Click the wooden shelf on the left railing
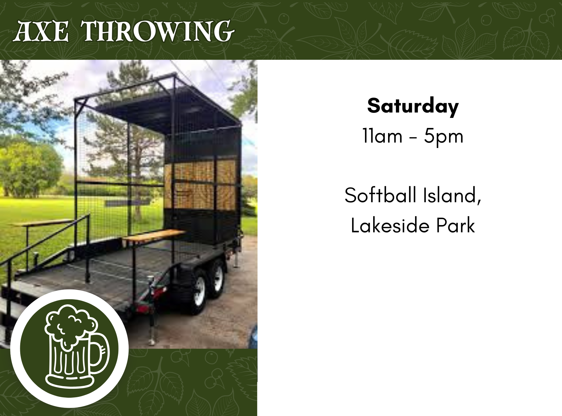click(x=42, y=223)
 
